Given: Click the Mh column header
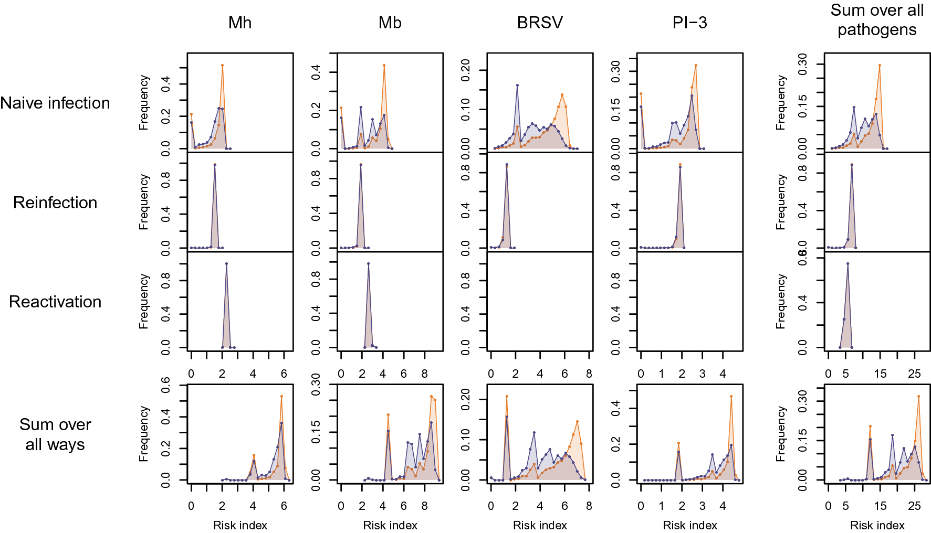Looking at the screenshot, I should tap(240, 23).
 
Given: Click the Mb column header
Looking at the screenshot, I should tap(390, 23).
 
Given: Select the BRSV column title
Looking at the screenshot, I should tap(540, 23).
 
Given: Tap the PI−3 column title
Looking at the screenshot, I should tap(689, 23).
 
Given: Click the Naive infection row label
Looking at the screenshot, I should tap(55, 103).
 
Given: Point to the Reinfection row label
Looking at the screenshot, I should tap(55, 202).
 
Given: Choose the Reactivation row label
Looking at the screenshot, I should tap(55, 302).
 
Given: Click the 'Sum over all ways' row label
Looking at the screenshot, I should tap(55, 434).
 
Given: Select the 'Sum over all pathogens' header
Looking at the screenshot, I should tap(877, 20).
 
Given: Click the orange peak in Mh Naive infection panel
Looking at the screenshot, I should tap(223, 66).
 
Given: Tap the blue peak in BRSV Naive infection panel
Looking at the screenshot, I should tap(517, 85).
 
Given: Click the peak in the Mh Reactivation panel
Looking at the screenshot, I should tap(226, 264).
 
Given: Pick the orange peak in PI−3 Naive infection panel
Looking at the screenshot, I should tap(696, 66).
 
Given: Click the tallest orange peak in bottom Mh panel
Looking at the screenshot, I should tap(281, 397).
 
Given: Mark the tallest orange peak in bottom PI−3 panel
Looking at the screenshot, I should tap(731, 397).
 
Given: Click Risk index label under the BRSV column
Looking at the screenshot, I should tap(540, 525).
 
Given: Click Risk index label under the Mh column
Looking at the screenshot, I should tap(240, 525).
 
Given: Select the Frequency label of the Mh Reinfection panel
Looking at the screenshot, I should tap(144, 202).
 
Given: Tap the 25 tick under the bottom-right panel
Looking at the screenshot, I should tap(914, 506).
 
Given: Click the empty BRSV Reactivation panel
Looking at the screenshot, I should tap(540, 302).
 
